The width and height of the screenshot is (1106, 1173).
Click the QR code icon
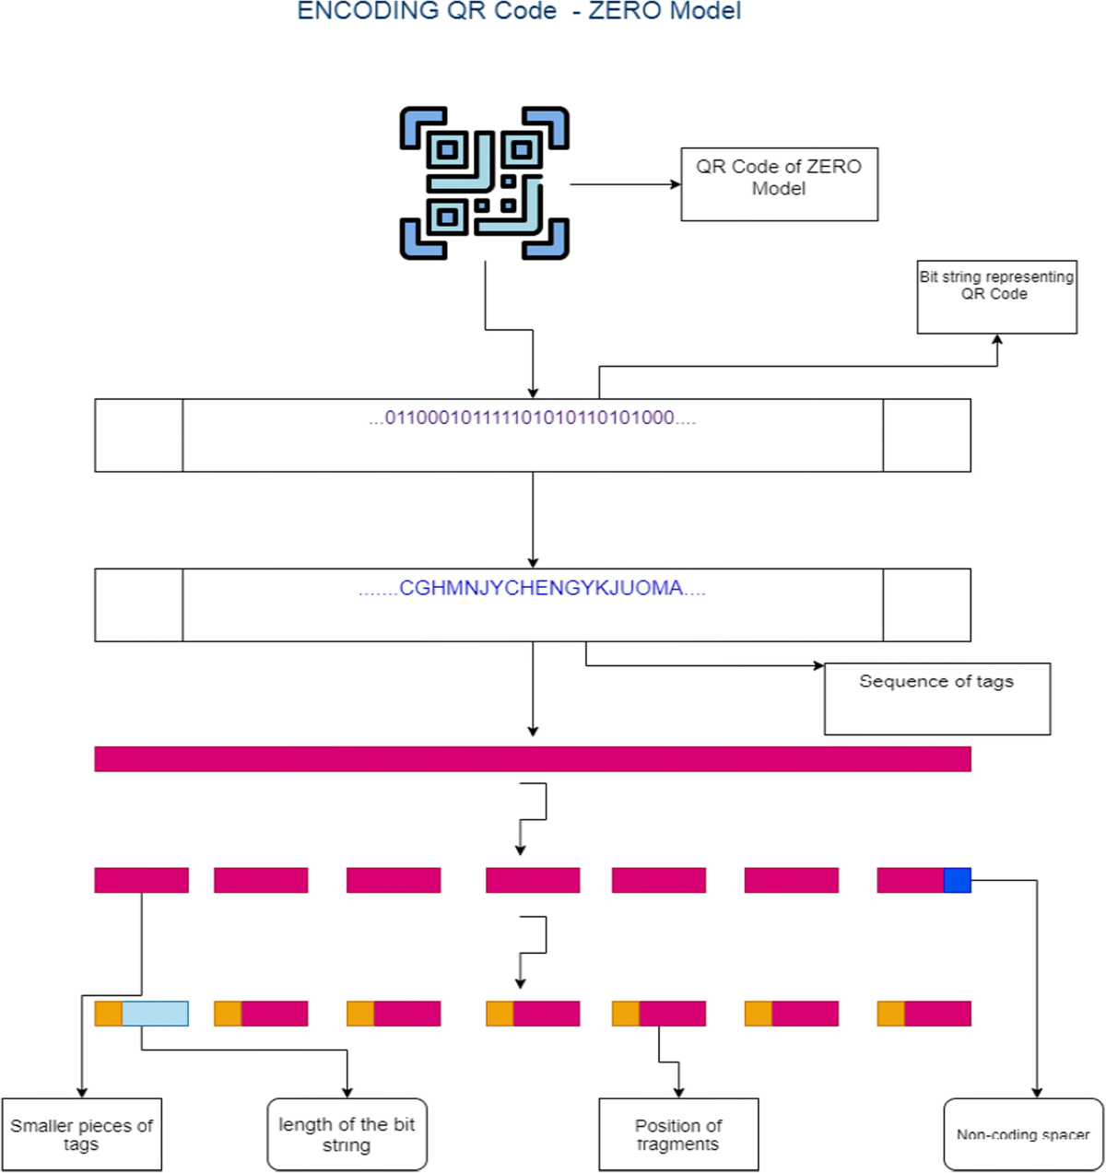(484, 183)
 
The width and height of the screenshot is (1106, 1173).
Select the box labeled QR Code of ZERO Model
(779, 184)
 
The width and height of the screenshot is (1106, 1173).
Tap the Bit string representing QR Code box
(996, 297)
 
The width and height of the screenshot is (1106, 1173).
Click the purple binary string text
(532, 418)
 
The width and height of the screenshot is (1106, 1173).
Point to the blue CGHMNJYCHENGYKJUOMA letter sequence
(532, 589)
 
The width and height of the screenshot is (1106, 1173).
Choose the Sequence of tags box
(936, 698)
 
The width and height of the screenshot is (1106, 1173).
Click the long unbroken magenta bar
(532, 759)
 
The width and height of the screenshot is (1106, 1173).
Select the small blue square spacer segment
(957, 880)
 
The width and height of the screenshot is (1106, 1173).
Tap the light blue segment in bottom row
(155, 1014)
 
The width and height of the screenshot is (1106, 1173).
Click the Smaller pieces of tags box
(81, 1134)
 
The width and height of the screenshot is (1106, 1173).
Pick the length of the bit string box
(347, 1134)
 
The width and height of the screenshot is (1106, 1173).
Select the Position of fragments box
(678, 1134)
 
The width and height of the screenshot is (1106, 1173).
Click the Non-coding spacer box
(1023, 1134)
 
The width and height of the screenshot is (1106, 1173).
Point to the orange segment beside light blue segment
(108, 1014)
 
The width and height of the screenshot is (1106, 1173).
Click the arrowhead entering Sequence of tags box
(818, 665)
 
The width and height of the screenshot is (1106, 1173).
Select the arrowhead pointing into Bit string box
(997, 339)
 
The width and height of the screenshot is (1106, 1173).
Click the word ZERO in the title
(628, 11)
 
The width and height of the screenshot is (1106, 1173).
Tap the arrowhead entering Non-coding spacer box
(1037, 1093)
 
